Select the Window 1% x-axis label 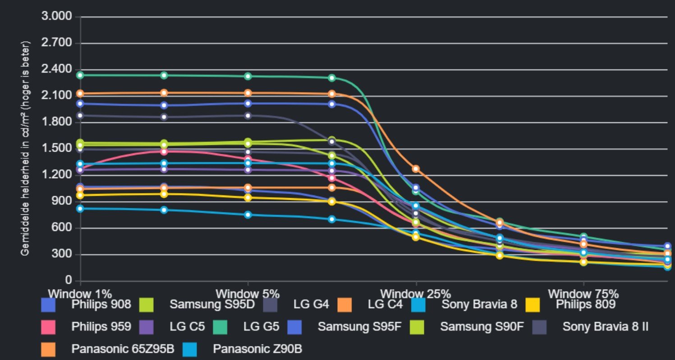pyautogui.click(x=80, y=293)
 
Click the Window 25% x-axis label pyautogui.click(x=415, y=293)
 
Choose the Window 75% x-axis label pyautogui.click(x=583, y=293)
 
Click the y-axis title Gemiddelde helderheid pyautogui.click(x=26, y=149)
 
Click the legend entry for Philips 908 pyautogui.click(x=101, y=305)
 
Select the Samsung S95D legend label pyautogui.click(x=212, y=305)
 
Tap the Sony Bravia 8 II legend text pyautogui.click(x=605, y=326)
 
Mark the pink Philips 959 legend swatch pyautogui.click(x=48, y=327)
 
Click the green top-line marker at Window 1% pyautogui.click(x=80, y=75)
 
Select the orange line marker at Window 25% pyautogui.click(x=416, y=169)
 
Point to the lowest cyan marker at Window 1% pyautogui.click(x=80, y=208)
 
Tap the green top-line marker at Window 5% pyautogui.click(x=248, y=76)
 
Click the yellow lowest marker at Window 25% pyautogui.click(x=416, y=237)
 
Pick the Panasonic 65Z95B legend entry pyautogui.click(x=122, y=348)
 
